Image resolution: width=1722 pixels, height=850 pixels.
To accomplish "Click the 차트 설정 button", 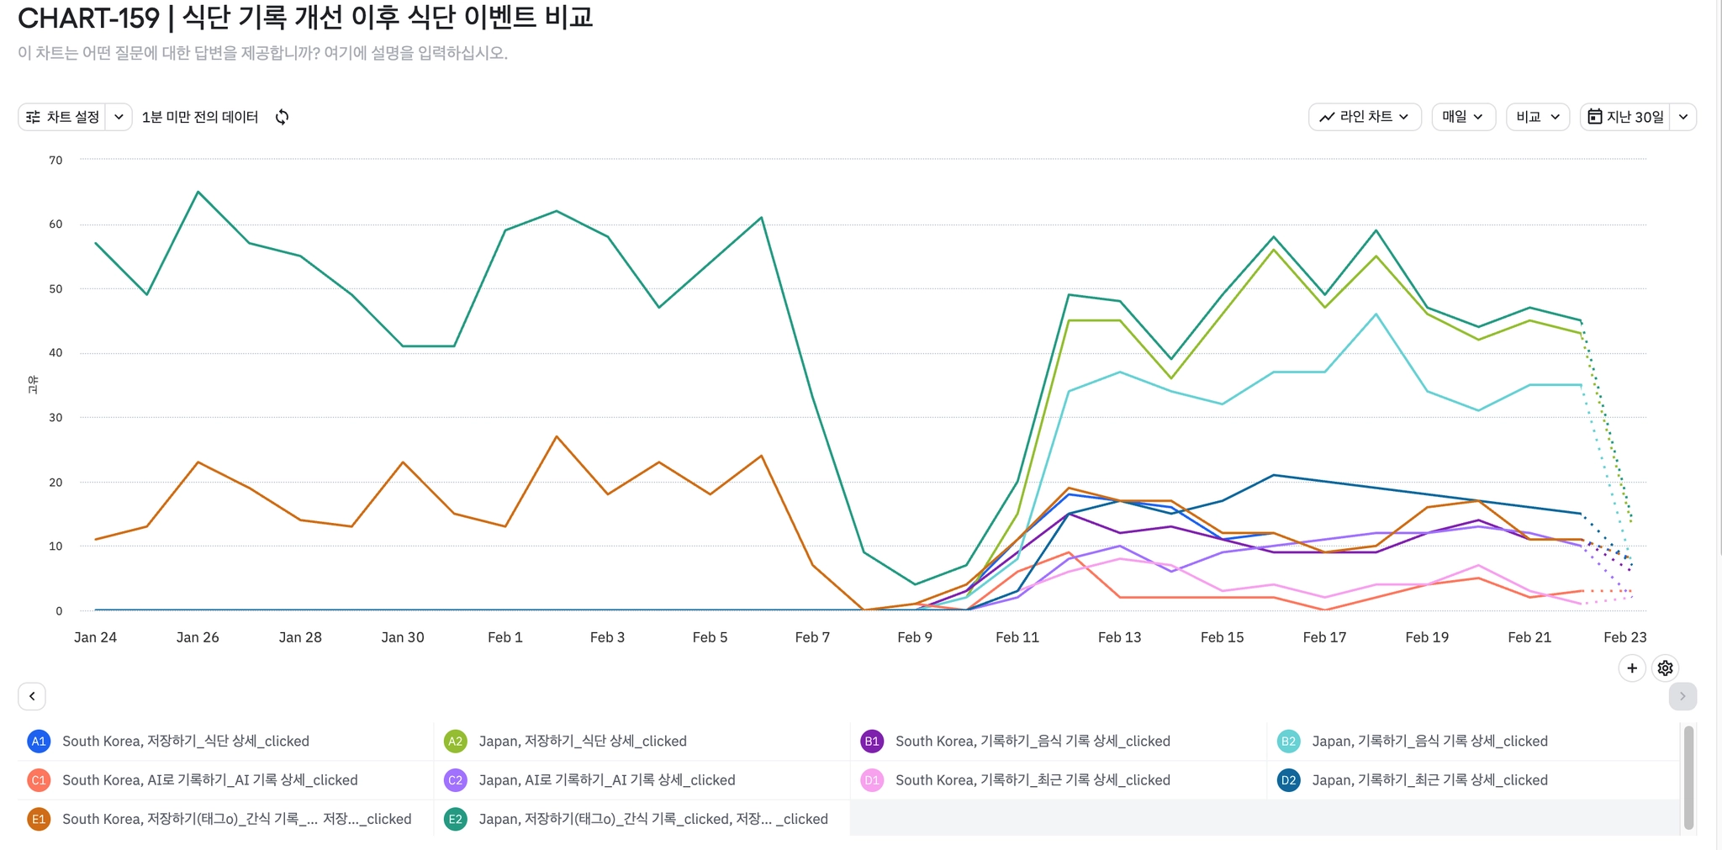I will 64,117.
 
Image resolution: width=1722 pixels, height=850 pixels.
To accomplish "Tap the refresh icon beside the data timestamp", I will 283,117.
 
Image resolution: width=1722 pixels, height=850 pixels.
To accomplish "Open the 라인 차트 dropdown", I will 1364,117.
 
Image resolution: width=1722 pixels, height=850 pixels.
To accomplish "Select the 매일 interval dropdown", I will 1463,117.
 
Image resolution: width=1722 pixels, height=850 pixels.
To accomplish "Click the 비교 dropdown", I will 1537,117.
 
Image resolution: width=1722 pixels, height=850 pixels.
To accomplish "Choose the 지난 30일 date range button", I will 1626,117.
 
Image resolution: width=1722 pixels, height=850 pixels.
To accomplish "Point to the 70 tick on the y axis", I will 55,160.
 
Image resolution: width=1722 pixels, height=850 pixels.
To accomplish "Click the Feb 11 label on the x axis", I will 1017,637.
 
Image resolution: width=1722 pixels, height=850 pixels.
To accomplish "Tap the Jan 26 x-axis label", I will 198,637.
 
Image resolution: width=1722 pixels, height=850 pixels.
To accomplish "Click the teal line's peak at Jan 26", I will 198,192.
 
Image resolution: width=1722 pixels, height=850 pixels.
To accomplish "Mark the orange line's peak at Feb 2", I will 557,436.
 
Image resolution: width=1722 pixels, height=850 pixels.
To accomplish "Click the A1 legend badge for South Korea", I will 39,741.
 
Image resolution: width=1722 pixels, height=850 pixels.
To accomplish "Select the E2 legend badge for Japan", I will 455,819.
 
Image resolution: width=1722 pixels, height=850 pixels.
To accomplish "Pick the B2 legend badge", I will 1288,741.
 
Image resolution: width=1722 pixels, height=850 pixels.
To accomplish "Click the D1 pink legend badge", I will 872,780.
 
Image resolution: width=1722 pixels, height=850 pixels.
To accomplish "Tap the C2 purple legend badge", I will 455,780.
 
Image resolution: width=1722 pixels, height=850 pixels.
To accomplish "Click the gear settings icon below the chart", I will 1665,668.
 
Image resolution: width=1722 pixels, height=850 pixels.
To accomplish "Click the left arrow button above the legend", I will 32,696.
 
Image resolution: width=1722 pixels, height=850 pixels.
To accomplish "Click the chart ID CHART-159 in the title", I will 88,18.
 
